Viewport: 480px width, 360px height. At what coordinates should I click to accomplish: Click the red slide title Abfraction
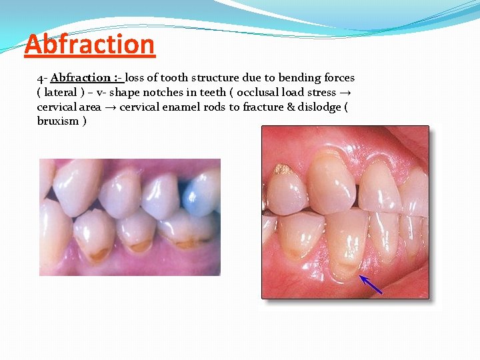[89, 45]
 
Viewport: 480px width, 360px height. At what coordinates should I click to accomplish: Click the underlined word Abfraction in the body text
[81, 78]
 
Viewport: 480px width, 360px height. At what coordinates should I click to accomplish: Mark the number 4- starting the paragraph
[41, 78]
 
